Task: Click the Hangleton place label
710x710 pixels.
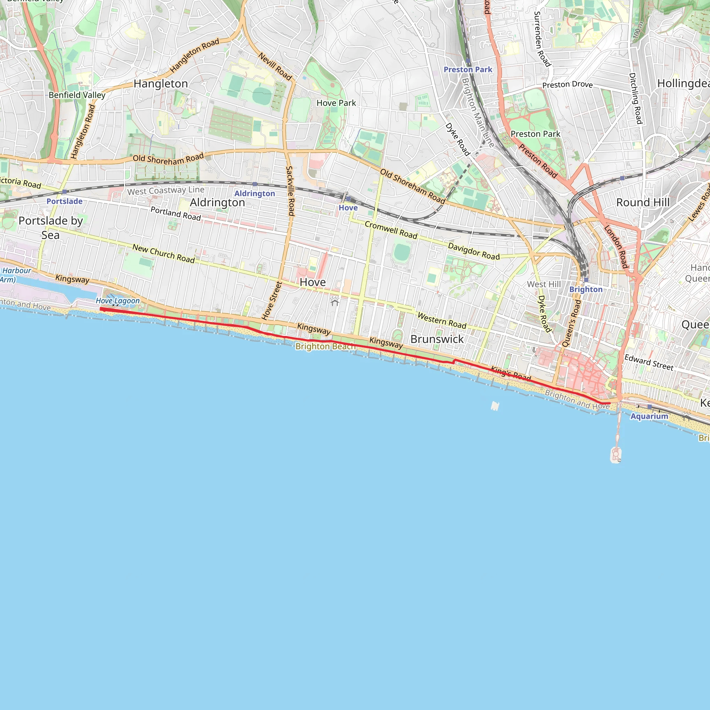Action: [161, 84]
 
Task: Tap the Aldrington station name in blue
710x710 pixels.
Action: [255, 194]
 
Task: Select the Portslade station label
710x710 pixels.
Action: [64, 201]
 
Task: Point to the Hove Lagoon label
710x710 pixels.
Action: [118, 301]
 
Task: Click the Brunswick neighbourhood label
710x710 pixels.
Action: [437, 339]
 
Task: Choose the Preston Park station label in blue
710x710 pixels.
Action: [468, 70]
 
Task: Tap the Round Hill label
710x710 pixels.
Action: [643, 202]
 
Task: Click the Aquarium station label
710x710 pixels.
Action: [649, 416]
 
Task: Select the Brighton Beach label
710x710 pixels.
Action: [325, 346]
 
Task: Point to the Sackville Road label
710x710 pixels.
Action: [290, 191]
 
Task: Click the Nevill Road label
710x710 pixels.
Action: [275, 67]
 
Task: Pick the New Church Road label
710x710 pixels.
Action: [164, 253]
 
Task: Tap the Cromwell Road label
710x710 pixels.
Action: [391, 230]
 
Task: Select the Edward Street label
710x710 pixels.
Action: [649, 362]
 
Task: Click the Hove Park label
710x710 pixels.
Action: [336, 103]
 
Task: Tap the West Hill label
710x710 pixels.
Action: [544, 284]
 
